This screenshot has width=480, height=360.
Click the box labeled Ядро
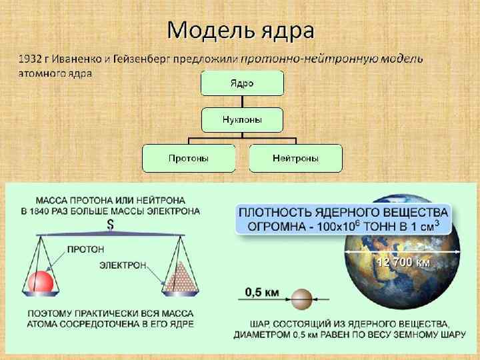(243, 83)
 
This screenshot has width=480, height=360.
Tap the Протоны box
(189, 158)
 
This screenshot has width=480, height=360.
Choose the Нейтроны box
(295, 158)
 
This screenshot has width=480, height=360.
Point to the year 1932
(29, 59)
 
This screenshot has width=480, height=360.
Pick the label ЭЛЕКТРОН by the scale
(123, 265)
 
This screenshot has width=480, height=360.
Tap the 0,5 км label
(261, 291)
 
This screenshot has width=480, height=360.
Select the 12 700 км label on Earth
(403, 262)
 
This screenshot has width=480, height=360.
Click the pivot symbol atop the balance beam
(110, 225)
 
